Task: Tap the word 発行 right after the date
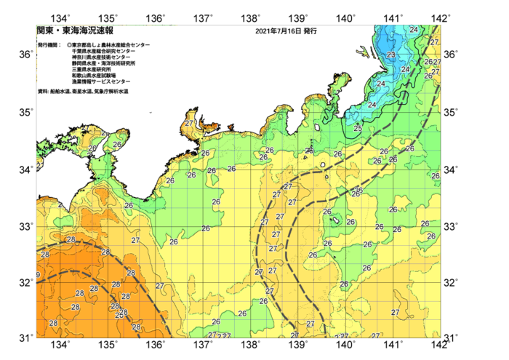coord(310,32)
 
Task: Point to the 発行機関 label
coord(49,45)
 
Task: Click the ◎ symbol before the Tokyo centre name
coord(69,45)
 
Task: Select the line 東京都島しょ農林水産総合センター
coord(111,45)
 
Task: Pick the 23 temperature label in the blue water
coord(390,55)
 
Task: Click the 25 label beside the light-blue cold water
coord(357,129)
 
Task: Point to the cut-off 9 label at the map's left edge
coord(38,275)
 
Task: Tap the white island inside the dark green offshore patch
coord(337,218)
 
